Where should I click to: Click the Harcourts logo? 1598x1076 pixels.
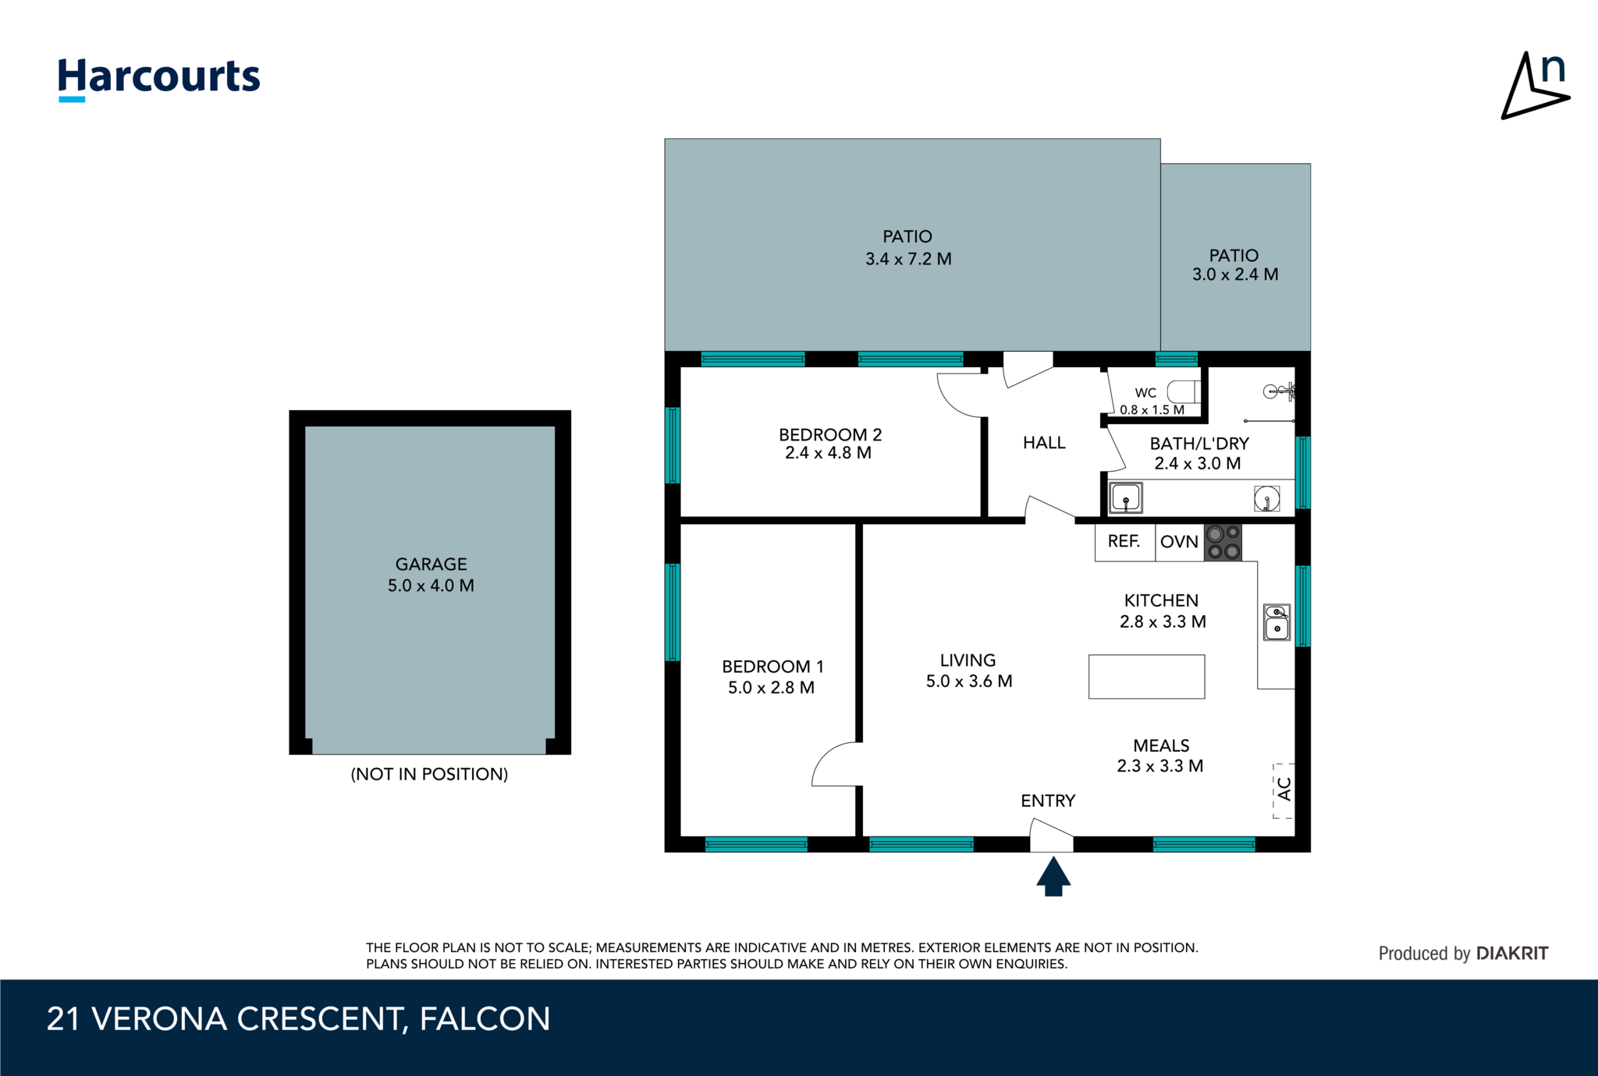click(x=158, y=78)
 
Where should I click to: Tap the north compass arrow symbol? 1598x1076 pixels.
click(x=1534, y=87)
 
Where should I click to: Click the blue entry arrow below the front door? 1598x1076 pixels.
click(x=1053, y=877)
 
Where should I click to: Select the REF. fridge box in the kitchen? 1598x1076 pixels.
click(x=1124, y=541)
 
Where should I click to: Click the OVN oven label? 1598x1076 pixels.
click(x=1179, y=542)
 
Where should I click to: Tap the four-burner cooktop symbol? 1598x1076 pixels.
click(x=1223, y=543)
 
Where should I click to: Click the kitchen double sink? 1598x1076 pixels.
click(x=1277, y=621)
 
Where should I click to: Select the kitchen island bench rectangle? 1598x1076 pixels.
click(x=1146, y=676)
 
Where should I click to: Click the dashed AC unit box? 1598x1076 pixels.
click(x=1284, y=790)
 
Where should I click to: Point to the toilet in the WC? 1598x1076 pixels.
click(x=1184, y=391)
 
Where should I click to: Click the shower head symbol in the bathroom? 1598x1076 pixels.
click(x=1278, y=391)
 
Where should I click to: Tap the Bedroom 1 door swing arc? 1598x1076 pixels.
click(x=836, y=764)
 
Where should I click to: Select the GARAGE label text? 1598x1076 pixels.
click(x=431, y=564)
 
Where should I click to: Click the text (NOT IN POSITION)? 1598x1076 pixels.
click(x=429, y=774)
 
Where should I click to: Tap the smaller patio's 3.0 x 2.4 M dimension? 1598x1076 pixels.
click(x=1235, y=274)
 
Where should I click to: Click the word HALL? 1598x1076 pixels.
click(x=1044, y=443)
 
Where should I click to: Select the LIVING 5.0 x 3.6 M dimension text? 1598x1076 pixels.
click(x=969, y=681)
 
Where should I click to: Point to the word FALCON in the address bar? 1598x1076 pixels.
click(x=485, y=1019)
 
